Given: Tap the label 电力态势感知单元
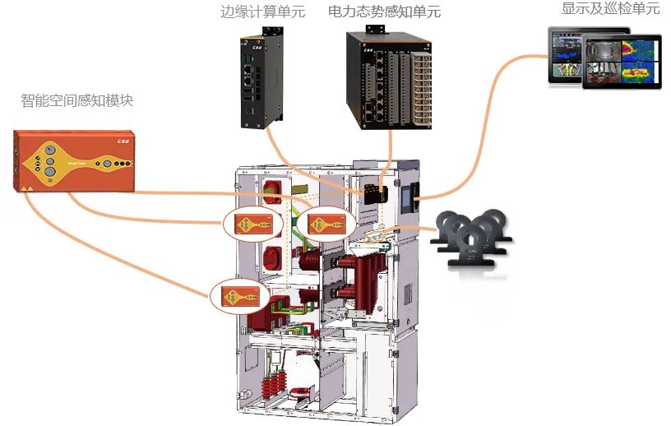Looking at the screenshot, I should point(384,12).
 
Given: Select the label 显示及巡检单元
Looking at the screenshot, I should point(610,9).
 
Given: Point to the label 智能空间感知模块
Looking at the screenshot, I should point(76,101).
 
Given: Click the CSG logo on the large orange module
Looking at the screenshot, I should point(123,141).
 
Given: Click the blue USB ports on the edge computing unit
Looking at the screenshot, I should point(248,63).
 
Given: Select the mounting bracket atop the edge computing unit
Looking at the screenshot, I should point(270,30).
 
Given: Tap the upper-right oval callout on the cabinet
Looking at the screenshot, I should point(326,222).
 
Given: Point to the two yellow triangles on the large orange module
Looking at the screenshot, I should point(26,188).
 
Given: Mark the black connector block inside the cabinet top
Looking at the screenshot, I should point(375,195).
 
